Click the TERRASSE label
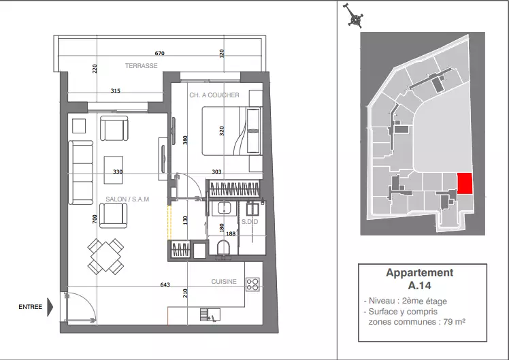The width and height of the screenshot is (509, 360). (x=142, y=65)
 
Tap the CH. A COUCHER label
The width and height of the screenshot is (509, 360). (x=214, y=95)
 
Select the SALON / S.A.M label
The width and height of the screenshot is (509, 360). (x=127, y=199)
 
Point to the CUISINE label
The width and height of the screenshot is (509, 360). (x=224, y=282)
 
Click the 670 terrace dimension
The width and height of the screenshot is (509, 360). (x=160, y=53)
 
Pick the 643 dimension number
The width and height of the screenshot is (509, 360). (x=165, y=284)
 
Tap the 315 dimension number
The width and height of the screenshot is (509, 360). (x=115, y=91)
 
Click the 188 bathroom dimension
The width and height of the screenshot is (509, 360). (x=231, y=233)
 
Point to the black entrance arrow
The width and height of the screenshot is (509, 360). (x=50, y=307)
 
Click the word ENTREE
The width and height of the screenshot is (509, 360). (x=30, y=307)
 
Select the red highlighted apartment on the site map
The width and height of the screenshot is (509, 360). (x=465, y=184)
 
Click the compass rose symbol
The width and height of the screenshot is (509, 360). (x=355, y=16)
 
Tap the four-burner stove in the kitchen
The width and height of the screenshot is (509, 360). (x=252, y=284)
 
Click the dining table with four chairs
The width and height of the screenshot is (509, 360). (x=105, y=256)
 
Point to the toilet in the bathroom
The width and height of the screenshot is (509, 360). (x=223, y=249)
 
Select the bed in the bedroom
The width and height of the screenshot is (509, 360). (x=232, y=131)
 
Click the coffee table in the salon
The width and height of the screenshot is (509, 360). (x=113, y=170)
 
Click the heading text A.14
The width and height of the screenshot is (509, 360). (x=419, y=286)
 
